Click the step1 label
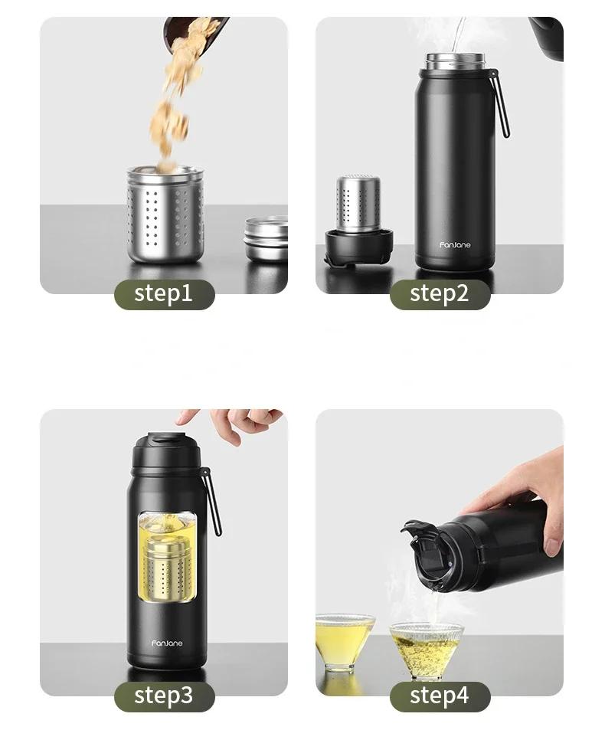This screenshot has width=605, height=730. click(x=164, y=293)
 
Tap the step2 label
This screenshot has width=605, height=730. click(x=440, y=293)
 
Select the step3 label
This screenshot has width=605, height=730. click(x=164, y=696)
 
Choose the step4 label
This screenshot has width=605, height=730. click(x=440, y=696)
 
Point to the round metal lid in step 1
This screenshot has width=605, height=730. click(x=267, y=237)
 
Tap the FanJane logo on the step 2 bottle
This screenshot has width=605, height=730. click(x=455, y=245)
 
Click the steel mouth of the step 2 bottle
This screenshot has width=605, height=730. click(x=455, y=61)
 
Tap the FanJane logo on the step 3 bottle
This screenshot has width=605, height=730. click(x=167, y=643)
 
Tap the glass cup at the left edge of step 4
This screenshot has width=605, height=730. click(x=343, y=640)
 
